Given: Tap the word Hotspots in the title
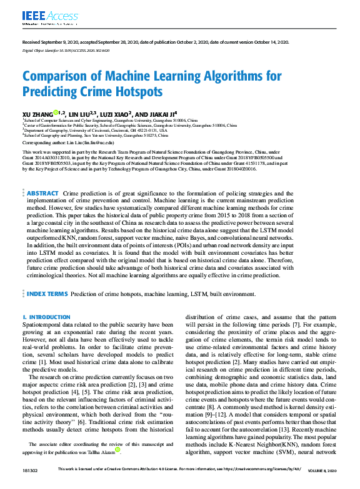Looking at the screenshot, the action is (x=124, y=91).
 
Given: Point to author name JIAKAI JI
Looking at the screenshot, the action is (x=159, y=114).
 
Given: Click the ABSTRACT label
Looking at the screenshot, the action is (x=43, y=176).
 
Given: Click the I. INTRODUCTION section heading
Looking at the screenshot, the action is (x=46, y=317).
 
